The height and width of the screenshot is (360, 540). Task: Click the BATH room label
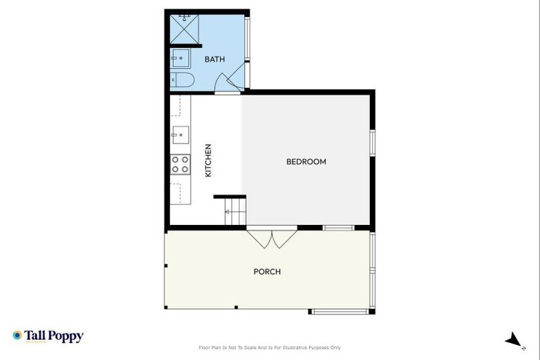coord(214,59)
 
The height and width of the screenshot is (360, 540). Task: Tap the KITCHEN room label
coord(208,160)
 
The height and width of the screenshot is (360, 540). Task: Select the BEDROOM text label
coord(306,162)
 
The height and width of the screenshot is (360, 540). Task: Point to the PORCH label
coord(267,271)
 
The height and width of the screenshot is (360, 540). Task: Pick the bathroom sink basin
coord(180,58)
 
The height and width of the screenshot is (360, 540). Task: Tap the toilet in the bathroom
coord(181,79)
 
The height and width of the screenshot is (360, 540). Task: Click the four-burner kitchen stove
coord(180,164)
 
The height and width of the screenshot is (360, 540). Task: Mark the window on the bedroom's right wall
coord(373,141)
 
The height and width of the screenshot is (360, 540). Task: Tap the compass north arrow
coord(514,340)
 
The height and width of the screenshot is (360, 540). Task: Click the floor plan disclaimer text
coord(270,347)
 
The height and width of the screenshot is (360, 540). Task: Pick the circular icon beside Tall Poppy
coord(18,335)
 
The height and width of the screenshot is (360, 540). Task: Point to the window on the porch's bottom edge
coord(340,311)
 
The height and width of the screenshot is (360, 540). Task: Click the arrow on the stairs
coord(229,210)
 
